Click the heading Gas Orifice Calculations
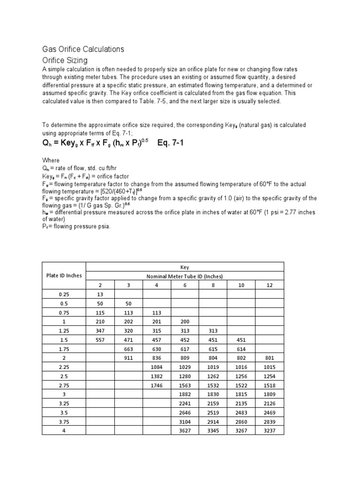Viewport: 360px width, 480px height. coord(83,49)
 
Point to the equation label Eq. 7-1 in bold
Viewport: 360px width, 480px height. coord(170,143)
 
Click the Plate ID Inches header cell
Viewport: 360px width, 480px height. coord(64,275)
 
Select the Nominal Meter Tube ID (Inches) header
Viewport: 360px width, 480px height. coord(185,276)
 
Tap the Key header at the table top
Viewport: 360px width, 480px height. coord(185,266)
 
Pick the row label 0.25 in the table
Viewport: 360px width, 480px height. coord(64,294)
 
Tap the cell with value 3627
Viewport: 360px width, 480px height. coord(185,431)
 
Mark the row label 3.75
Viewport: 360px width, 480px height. coord(64,422)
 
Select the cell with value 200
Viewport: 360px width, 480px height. coord(185,322)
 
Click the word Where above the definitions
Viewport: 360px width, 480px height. coord(51,160)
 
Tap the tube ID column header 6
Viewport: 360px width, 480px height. coord(185,285)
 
